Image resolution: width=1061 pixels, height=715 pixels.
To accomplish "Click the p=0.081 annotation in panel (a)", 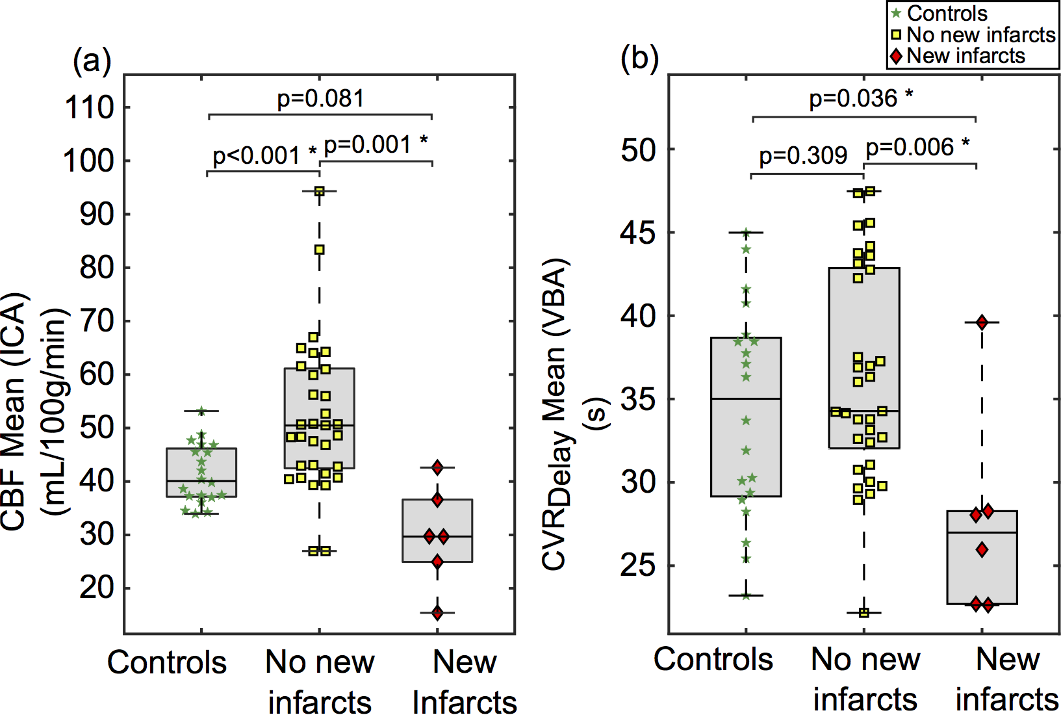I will (x=320, y=99).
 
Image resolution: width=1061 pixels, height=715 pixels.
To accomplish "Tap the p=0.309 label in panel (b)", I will (x=803, y=156).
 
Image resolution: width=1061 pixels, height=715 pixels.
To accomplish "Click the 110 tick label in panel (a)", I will (x=89, y=108).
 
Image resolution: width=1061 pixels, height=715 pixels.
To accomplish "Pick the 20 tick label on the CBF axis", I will (x=97, y=588).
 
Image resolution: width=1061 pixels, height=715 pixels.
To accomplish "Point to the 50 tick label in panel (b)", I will (x=639, y=150).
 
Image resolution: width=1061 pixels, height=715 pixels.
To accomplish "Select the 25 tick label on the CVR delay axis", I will (x=639, y=565).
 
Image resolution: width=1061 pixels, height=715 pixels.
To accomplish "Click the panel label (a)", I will (x=92, y=61).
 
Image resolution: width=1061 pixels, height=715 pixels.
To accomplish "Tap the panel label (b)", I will (x=639, y=59).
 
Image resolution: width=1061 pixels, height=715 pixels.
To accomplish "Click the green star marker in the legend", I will (x=897, y=14).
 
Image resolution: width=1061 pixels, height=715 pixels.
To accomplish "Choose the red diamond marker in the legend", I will (x=897, y=57).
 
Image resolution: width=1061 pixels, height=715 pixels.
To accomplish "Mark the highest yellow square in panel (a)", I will (x=320, y=191).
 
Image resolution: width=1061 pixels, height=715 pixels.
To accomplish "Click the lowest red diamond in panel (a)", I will (x=437, y=612).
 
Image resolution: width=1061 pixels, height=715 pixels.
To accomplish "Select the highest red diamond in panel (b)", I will (x=982, y=322).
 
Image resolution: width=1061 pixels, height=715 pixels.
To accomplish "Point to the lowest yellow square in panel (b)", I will (x=864, y=612).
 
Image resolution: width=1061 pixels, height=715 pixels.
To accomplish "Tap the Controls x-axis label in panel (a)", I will (x=167, y=663).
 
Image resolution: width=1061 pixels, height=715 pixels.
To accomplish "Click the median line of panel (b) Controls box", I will (x=746, y=398).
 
